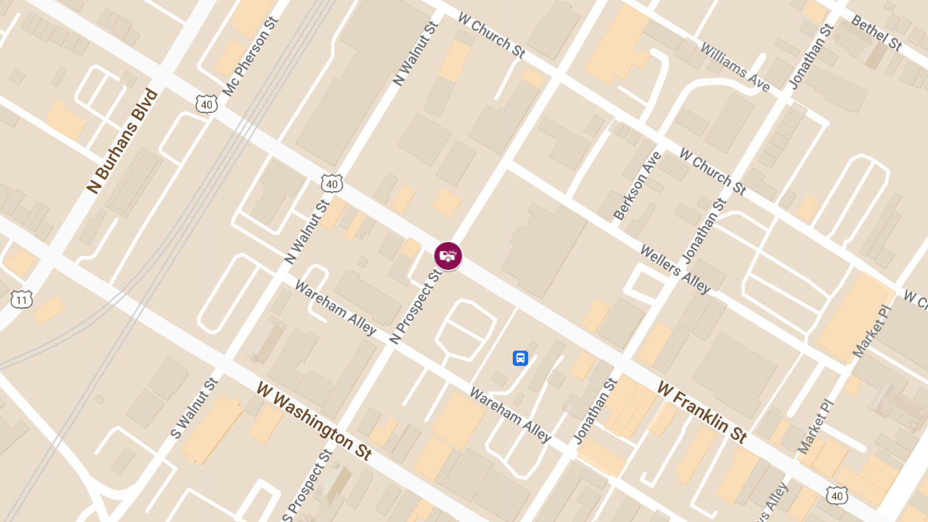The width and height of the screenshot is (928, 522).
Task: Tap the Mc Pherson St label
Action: coord(249,56)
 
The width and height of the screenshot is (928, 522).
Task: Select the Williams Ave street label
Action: coord(735,67)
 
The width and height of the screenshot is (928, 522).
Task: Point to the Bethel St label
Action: coord(876,33)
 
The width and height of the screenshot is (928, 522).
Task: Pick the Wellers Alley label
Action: coord(674,269)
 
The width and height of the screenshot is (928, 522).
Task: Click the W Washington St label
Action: coord(315,421)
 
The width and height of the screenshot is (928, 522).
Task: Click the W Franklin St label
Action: coord(702,411)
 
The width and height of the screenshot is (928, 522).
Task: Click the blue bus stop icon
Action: coord(520,358)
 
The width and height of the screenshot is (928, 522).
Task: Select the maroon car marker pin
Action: coord(448,256)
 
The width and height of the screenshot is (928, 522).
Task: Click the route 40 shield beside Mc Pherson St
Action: coord(206,104)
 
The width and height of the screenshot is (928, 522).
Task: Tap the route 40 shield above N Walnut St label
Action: coord(332,184)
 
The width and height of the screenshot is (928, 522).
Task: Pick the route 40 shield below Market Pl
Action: coord(836,495)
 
